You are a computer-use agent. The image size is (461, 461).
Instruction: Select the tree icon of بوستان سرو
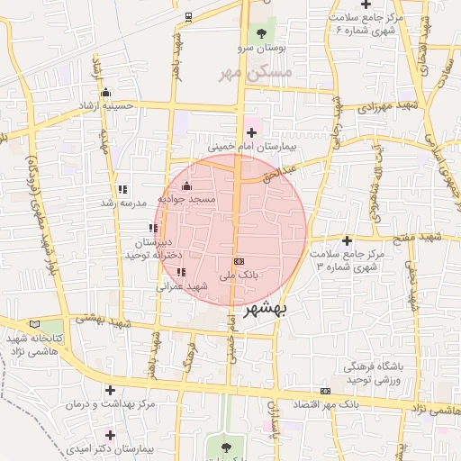click(262, 32)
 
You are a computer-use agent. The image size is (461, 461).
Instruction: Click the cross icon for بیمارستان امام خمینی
click(263, 132)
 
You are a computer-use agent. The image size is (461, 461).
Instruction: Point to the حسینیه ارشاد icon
click(106, 92)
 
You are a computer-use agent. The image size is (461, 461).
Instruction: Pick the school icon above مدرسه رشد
click(122, 189)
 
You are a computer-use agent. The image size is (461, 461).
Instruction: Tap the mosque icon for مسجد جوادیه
click(186, 186)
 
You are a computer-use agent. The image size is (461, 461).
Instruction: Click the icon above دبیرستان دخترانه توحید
click(153, 229)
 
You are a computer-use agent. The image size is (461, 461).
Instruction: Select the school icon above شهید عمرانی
click(181, 271)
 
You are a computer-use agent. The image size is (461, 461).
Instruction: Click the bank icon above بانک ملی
click(238, 260)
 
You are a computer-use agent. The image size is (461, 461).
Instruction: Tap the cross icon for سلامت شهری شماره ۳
click(346, 240)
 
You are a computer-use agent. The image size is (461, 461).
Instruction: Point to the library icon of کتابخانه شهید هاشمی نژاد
click(34, 323)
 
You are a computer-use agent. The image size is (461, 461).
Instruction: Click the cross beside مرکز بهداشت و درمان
click(111, 390)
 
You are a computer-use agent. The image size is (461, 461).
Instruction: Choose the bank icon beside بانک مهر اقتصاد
click(325, 391)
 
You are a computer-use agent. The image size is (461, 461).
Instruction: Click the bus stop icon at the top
click(188, 16)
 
